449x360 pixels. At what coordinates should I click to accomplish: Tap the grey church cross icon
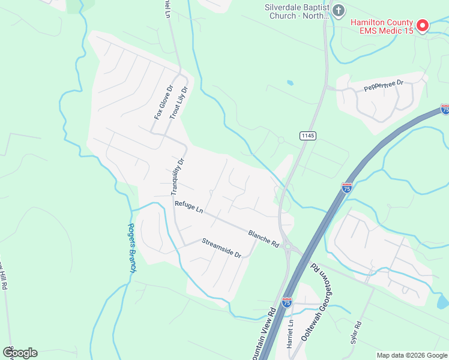click(x=339, y=10)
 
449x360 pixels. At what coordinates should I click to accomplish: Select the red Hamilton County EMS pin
click(x=422, y=25)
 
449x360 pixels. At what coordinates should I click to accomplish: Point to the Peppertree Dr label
click(x=384, y=86)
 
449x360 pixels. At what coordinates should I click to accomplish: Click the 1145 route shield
click(x=307, y=136)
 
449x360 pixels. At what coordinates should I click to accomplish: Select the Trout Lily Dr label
click(x=179, y=103)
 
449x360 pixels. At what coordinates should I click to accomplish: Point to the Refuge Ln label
click(x=189, y=206)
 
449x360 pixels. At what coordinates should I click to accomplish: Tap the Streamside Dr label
click(x=221, y=248)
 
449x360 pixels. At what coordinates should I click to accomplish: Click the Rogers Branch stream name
click(x=131, y=248)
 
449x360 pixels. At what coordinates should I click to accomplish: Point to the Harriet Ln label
click(x=290, y=330)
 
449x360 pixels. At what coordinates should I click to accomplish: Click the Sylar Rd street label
click(x=358, y=332)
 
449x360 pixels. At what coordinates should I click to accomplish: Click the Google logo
click(x=20, y=353)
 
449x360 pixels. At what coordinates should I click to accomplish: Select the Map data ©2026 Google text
click(x=412, y=355)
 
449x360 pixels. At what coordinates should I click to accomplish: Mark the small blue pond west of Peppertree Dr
click(x=291, y=82)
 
